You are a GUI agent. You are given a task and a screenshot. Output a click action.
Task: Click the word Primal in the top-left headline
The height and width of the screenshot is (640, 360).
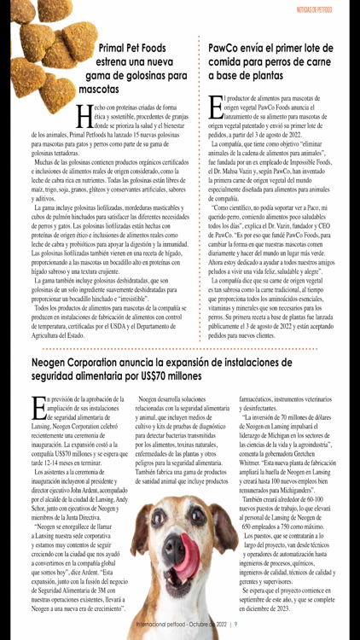tap(116, 49)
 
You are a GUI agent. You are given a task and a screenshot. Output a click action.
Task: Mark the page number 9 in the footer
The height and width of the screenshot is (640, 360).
tap(235, 623)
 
